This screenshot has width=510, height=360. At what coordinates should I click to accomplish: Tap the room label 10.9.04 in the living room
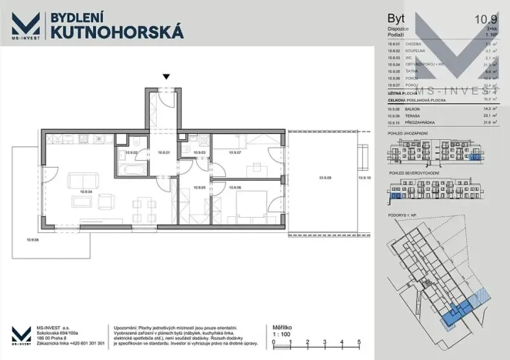tap(85, 192)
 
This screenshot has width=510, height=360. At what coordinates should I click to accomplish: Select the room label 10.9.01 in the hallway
tap(162, 153)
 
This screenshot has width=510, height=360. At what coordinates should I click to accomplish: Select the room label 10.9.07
tap(235, 153)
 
